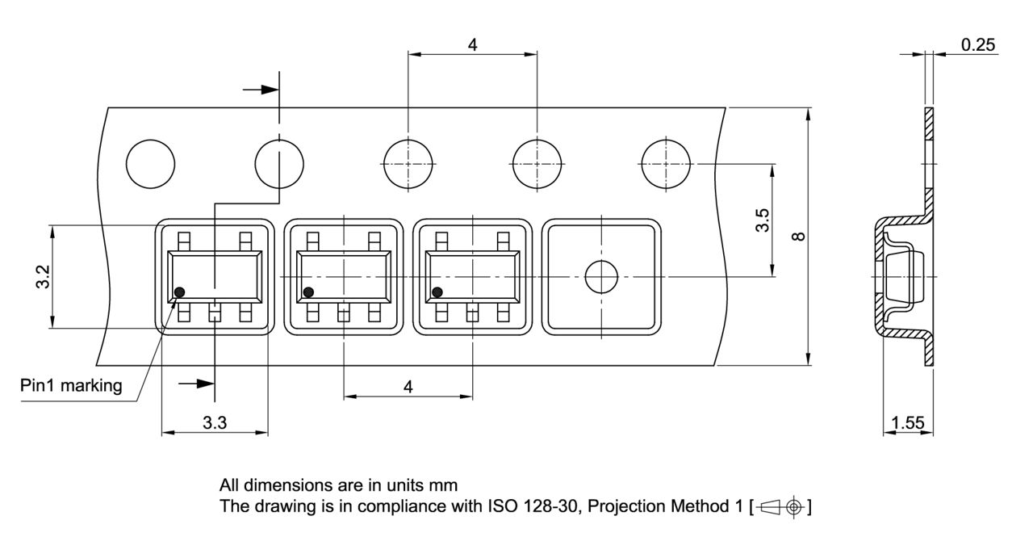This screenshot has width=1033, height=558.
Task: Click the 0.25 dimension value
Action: coord(978,45)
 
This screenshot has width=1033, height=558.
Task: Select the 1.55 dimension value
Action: coord(908,422)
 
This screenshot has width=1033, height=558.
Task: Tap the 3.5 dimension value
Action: coord(762,220)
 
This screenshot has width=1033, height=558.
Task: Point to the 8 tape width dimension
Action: coord(798,237)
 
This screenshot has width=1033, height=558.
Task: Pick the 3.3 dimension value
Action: coord(214,422)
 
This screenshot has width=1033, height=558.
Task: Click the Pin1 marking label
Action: coord(71,386)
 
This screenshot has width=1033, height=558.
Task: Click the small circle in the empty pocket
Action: coord(600,277)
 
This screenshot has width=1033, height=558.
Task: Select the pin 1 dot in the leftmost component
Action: coord(180,292)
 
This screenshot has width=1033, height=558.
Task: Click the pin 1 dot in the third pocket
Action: coord(437,292)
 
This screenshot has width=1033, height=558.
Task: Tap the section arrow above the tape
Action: coord(261,90)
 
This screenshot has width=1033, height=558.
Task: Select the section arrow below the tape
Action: coord(196,384)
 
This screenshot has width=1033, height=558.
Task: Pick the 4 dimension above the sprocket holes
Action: coord(472,45)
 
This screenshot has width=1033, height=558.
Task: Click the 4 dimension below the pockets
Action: coord(408,387)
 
